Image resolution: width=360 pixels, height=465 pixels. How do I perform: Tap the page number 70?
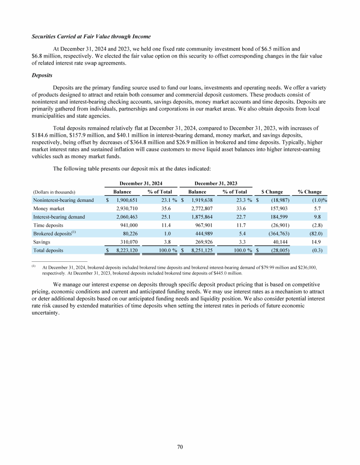[180, 447]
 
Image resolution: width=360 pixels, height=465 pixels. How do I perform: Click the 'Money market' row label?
[48, 208]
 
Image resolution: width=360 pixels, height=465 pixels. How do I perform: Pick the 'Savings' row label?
[42, 242]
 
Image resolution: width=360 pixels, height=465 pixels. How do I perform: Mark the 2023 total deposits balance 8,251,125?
[202, 251]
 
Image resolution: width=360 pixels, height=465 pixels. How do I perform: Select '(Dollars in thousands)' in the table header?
[54, 192]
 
